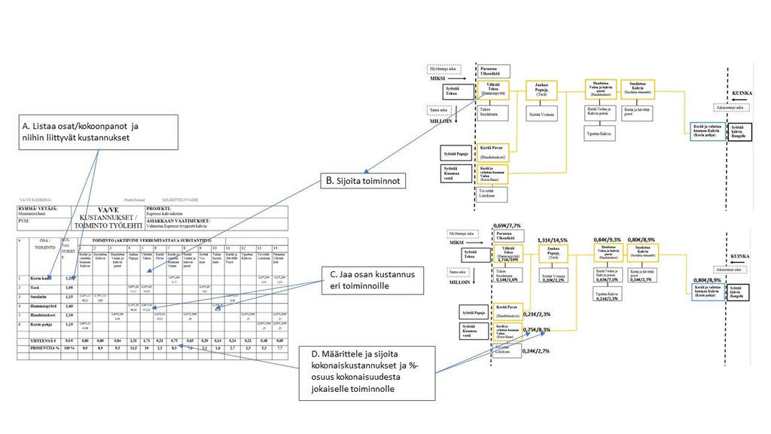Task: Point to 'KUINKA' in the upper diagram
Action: (742, 94)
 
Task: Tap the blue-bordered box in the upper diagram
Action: (708, 131)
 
